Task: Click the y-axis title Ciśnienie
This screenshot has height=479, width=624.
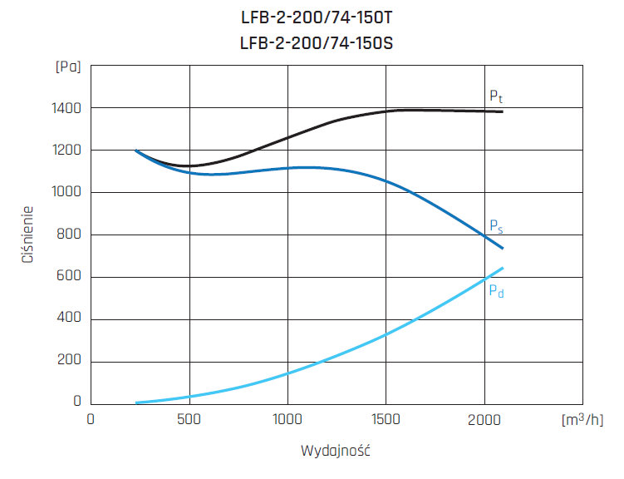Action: point(28,235)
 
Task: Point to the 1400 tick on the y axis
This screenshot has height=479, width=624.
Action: point(65,109)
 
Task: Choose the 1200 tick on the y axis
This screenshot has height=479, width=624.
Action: point(65,151)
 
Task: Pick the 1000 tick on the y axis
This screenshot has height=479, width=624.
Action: point(65,193)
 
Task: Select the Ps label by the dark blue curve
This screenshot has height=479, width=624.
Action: point(495,226)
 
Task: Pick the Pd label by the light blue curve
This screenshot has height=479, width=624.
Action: point(495,291)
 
